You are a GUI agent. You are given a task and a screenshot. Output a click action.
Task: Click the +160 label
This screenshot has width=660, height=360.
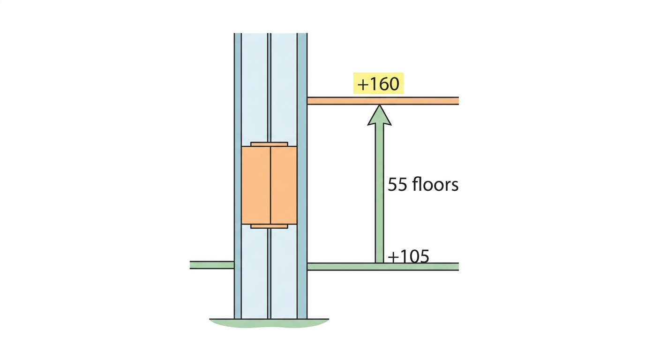pyautogui.click(x=378, y=84)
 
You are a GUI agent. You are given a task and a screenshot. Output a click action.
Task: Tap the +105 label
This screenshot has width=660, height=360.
pyautogui.click(x=408, y=256)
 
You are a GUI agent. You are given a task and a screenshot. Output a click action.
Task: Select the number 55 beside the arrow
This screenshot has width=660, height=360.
pyautogui.click(x=397, y=185)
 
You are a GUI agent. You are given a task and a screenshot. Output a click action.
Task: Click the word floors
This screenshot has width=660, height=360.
pyautogui.click(x=435, y=184)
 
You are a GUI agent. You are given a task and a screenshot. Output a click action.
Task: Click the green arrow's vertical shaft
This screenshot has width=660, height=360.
pyautogui.click(x=380, y=194)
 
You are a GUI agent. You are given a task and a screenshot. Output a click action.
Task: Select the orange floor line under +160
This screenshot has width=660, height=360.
pyautogui.click(x=383, y=101)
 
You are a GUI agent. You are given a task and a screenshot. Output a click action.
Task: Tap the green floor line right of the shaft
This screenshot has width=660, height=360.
pyautogui.click(x=383, y=267)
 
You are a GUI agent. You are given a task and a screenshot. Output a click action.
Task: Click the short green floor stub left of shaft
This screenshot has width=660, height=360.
pyautogui.click(x=212, y=265)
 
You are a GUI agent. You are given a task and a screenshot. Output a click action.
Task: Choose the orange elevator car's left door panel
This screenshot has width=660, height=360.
pyautogui.click(x=256, y=185)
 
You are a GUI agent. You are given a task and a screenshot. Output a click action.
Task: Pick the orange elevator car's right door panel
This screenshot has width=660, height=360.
pyautogui.click(x=284, y=185)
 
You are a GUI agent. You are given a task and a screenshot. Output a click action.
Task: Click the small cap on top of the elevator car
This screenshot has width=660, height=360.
pyautogui.click(x=270, y=144)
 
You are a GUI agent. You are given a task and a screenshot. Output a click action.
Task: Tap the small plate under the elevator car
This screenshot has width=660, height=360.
pyautogui.click(x=270, y=226)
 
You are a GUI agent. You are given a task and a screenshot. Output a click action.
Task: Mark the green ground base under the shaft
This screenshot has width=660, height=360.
pyautogui.click(x=269, y=323)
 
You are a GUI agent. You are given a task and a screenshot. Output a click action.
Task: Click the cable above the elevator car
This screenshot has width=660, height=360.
pyautogui.click(x=269, y=88)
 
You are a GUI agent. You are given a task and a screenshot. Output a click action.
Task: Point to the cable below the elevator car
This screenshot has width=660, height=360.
pyautogui.click(x=269, y=273)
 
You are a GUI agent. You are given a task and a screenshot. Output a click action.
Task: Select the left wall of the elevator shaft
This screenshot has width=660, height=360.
pyautogui.click(x=238, y=176)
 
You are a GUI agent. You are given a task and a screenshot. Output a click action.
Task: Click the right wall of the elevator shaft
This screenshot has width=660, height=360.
pyautogui.click(x=302, y=176)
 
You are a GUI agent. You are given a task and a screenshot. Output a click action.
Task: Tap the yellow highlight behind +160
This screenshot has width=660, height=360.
pyautogui.click(x=378, y=83)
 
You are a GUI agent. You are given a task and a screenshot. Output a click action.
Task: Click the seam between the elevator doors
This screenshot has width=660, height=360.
pyautogui.click(x=270, y=185)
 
